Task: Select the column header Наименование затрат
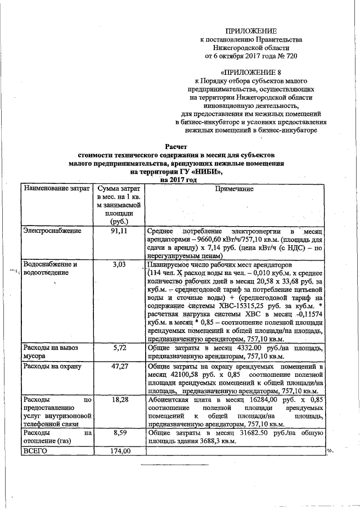click(56, 190)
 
